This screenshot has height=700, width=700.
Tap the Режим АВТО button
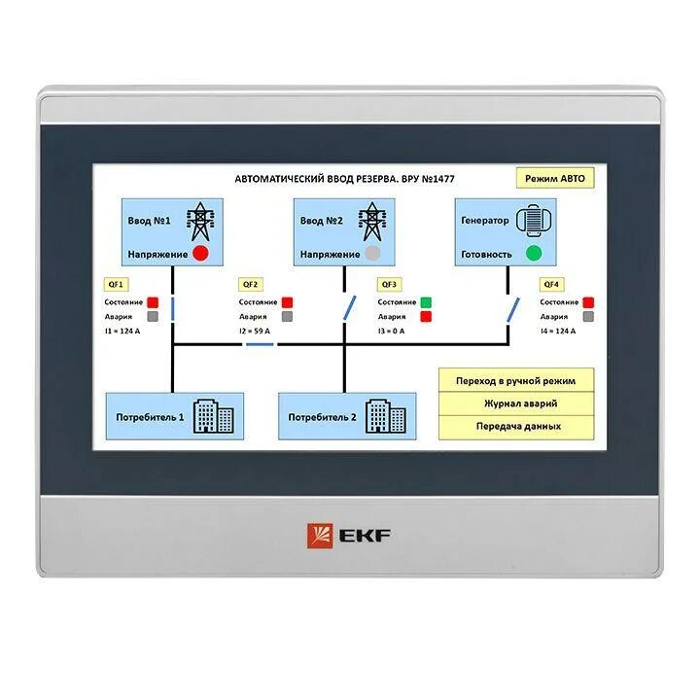555,179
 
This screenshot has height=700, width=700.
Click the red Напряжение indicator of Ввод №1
200,254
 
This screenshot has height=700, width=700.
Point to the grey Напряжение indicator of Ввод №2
369,254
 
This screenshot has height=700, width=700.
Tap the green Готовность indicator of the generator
533,254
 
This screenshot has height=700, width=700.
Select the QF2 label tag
251,284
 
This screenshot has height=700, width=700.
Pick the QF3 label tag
389,284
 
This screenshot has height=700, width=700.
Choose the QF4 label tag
551,284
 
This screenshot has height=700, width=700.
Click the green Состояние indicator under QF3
426,302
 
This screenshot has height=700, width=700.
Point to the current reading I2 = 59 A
256,332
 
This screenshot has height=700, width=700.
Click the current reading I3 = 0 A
391,332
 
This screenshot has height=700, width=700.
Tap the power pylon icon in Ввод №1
200,222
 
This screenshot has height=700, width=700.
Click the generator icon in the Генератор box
533,220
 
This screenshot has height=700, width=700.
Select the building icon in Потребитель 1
214,416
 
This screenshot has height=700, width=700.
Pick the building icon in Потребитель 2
386,416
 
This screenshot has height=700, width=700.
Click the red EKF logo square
319,535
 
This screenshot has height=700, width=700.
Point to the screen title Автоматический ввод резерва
344,179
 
